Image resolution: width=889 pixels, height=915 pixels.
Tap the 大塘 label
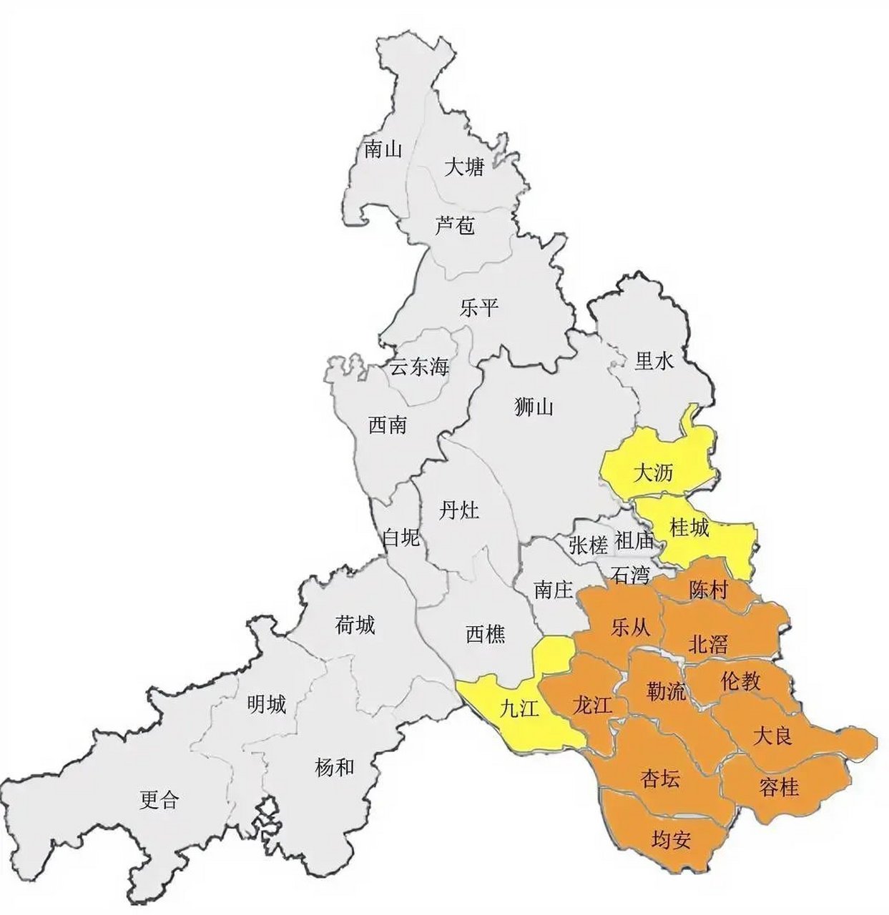(464, 168)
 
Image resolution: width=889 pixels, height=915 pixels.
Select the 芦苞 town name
(454, 227)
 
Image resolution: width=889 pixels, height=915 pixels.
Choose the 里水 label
(654, 362)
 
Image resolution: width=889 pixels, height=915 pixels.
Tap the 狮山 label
(534, 407)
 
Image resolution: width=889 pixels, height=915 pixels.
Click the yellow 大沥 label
(654, 473)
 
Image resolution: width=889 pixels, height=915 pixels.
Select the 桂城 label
(689, 528)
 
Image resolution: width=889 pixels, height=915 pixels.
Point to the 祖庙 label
(634, 541)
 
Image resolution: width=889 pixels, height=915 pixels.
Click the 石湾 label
(631, 574)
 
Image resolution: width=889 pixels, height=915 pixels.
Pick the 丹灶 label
(459, 511)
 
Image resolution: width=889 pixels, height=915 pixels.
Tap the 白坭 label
(401, 538)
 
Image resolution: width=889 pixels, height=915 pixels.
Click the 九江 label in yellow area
(519, 708)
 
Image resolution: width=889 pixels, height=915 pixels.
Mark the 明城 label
(266, 705)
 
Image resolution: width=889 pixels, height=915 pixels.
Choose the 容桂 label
(777, 787)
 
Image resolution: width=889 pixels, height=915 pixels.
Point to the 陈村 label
(708, 590)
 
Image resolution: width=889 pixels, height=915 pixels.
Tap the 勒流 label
(666, 691)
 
